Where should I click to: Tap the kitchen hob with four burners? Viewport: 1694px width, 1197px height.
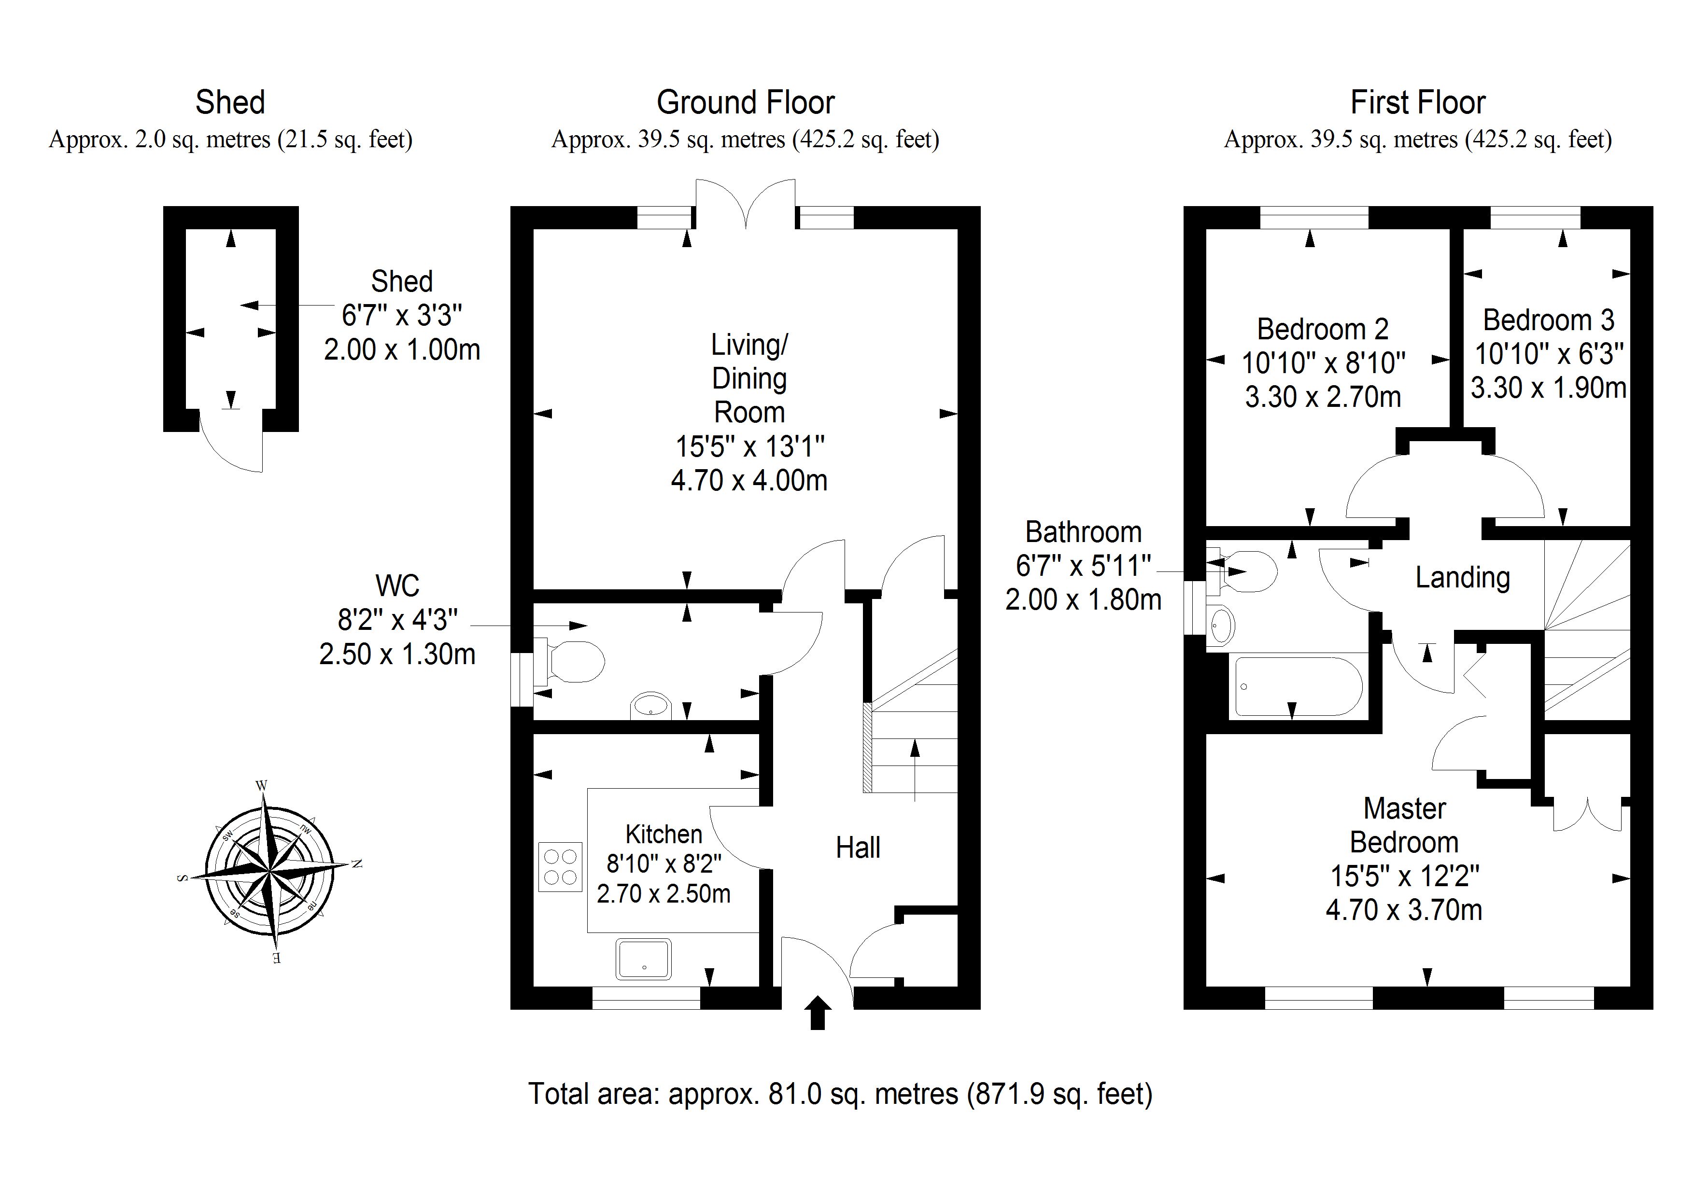(x=560, y=866)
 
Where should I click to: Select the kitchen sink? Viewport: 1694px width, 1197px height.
(x=643, y=959)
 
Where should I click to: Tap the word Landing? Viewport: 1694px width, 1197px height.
(x=1462, y=577)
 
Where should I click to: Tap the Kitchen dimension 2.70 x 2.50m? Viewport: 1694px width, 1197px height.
(x=663, y=894)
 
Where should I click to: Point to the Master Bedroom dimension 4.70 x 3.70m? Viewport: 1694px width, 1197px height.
(x=1403, y=910)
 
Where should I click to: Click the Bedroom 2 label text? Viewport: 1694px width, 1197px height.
(x=1322, y=329)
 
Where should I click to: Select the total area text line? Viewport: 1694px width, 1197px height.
(x=840, y=1094)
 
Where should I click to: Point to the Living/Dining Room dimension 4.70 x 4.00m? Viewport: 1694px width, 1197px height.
(x=749, y=481)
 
